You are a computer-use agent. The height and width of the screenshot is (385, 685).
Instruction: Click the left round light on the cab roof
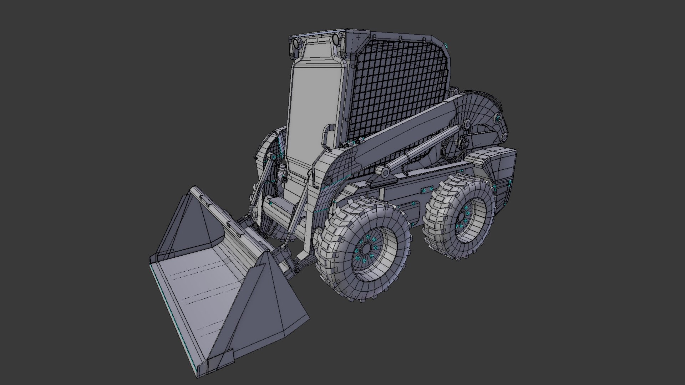296,44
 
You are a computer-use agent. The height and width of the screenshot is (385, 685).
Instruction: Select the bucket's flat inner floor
200,285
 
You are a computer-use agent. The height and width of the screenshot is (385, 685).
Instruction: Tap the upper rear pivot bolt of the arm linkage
498,118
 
